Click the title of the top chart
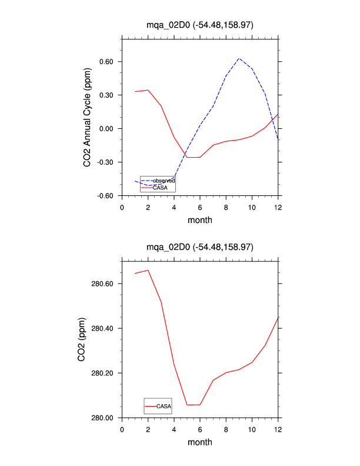(x=200, y=25)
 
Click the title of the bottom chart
(x=200, y=247)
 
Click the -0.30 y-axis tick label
(x=106, y=162)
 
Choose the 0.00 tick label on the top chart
(x=108, y=129)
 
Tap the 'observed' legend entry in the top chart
(x=164, y=180)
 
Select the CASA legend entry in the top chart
(x=160, y=188)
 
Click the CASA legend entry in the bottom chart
(x=164, y=406)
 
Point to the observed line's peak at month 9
(x=239, y=58)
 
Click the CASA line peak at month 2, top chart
(x=148, y=90)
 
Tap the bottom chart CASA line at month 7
(x=213, y=380)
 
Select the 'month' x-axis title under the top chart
(x=200, y=220)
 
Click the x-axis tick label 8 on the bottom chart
(x=226, y=429)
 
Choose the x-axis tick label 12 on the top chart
(x=278, y=207)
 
